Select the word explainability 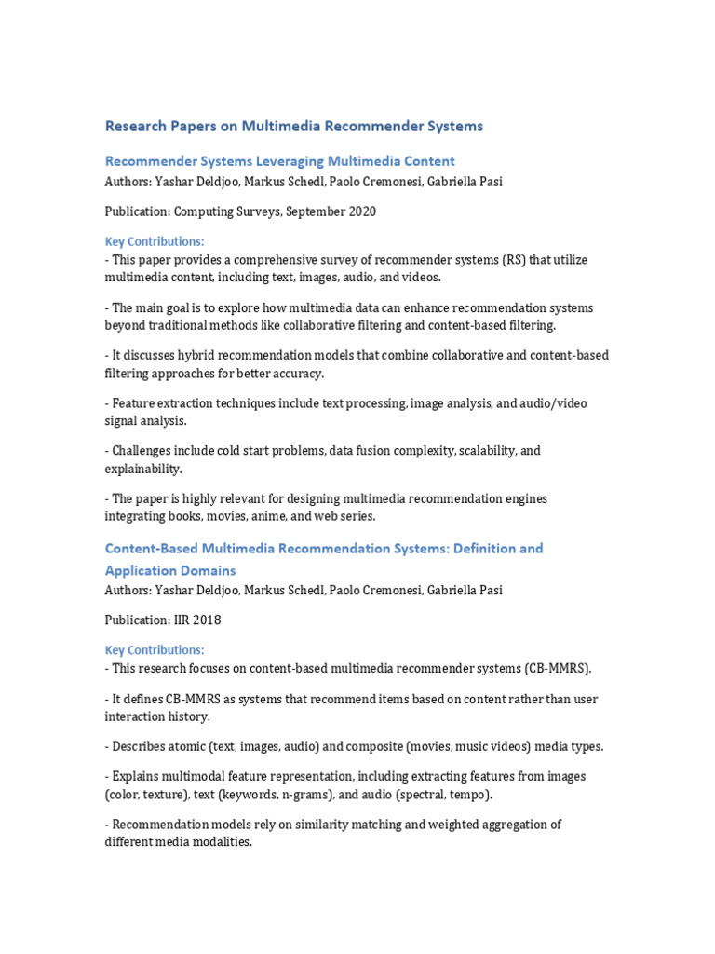point(142,468)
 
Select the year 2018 point(209,620)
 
